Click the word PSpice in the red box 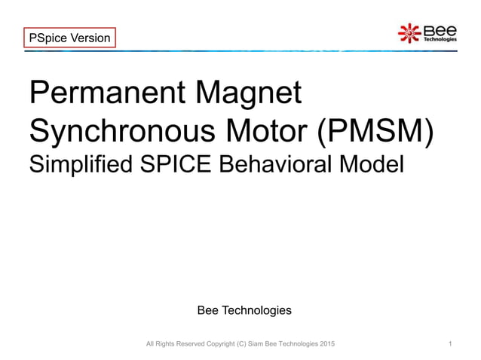(x=47, y=37)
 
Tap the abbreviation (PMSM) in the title (x=375, y=136)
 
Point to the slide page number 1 (x=450, y=344)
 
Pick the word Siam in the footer (x=250, y=344)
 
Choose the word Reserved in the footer (x=181, y=344)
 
